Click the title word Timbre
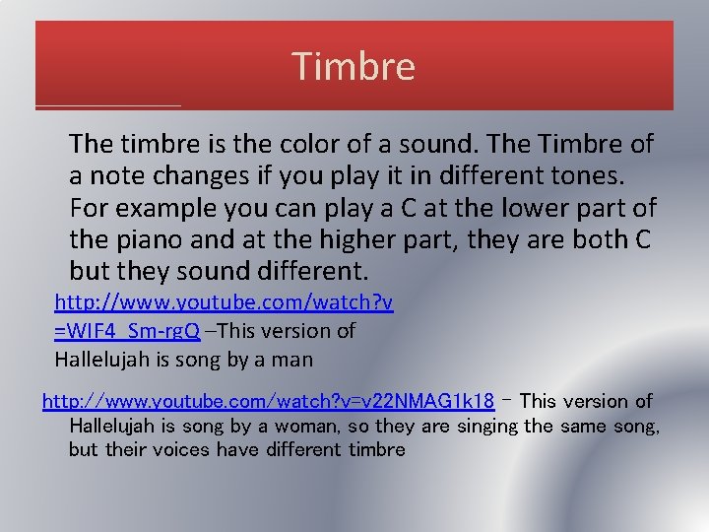(x=354, y=66)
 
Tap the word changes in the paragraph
(x=193, y=176)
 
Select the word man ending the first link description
(x=292, y=360)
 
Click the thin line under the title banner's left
(x=108, y=105)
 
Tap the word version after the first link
(x=292, y=331)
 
